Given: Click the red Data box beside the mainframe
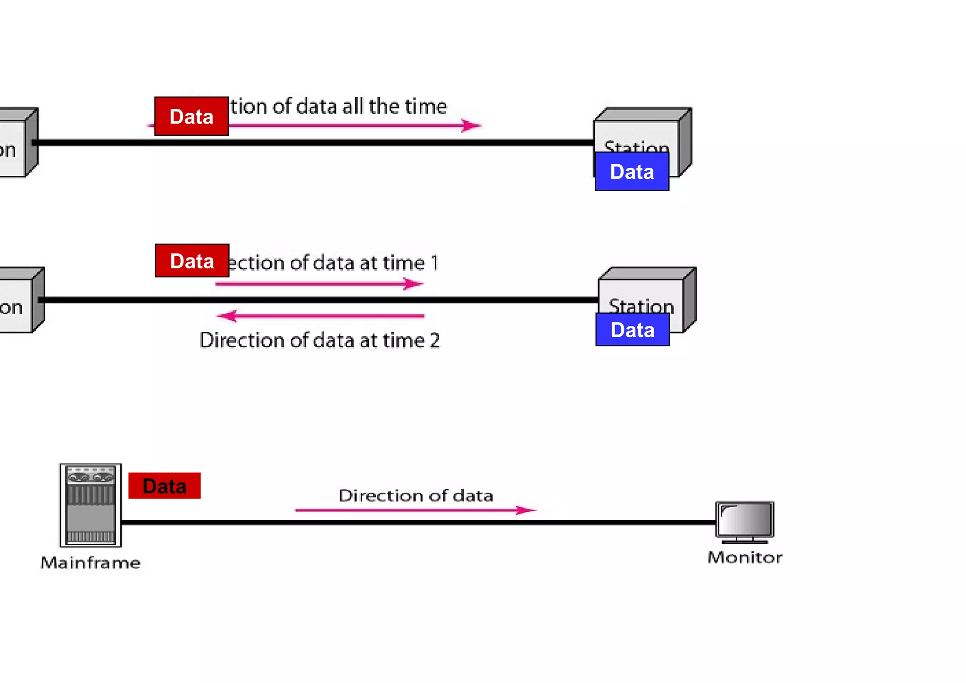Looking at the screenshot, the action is pos(164,485).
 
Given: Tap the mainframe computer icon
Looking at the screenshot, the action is pos(91,505).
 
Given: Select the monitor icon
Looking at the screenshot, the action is pos(745,521).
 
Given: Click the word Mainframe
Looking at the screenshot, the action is pos(91,563).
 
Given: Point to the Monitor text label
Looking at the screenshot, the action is pos(745,558).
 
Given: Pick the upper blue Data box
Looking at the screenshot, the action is pos(632,172).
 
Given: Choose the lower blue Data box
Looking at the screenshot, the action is pos(633,330).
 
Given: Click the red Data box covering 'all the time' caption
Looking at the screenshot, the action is pos(192,117).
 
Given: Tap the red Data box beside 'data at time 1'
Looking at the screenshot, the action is pos(192,261).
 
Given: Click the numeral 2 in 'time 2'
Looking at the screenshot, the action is pos(434,341).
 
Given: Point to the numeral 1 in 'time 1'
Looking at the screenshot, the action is pos(434,263).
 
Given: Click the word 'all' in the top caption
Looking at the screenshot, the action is pos(353,107).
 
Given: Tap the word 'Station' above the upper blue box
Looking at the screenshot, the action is pos(636,146).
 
